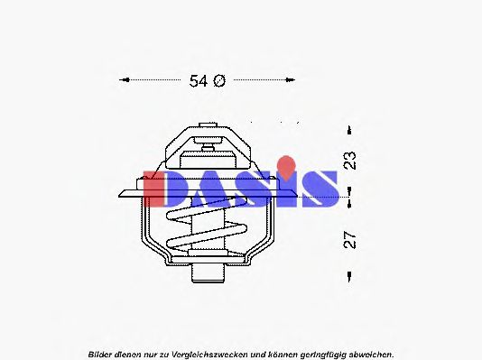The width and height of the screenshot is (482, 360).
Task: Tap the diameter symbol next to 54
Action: [x=218, y=80]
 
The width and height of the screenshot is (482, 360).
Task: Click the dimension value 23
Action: [x=349, y=160]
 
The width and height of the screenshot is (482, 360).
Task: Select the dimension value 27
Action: [x=349, y=239]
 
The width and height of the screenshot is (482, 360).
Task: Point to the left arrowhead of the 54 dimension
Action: [x=125, y=79]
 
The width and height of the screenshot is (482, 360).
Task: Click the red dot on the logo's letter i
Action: [x=286, y=163]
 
